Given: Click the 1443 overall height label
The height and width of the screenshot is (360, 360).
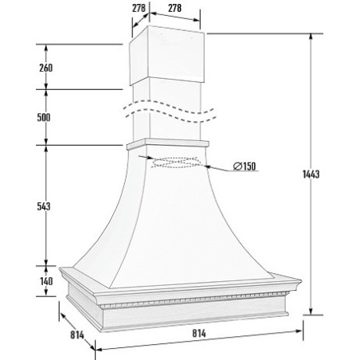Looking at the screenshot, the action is click(x=311, y=174).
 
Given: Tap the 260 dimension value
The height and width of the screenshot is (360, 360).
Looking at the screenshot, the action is click(x=46, y=68).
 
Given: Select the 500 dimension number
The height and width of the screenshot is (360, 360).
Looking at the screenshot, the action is click(x=44, y=117).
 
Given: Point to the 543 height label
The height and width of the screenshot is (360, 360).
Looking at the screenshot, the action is click(x=44, y=206).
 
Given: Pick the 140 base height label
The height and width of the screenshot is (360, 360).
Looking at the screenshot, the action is click(x=46, y=281).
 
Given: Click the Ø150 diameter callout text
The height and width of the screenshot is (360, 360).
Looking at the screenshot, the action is click(x=245, y=166).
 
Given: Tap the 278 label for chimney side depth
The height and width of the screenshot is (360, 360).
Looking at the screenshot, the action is click(x=139, y=8).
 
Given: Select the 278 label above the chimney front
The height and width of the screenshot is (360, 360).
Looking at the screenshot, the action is click(x=174, y=8).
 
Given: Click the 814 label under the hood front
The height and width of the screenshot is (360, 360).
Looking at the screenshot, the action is click(x=199, y=334).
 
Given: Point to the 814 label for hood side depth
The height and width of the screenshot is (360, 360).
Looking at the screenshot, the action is click(x=77, y=335).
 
